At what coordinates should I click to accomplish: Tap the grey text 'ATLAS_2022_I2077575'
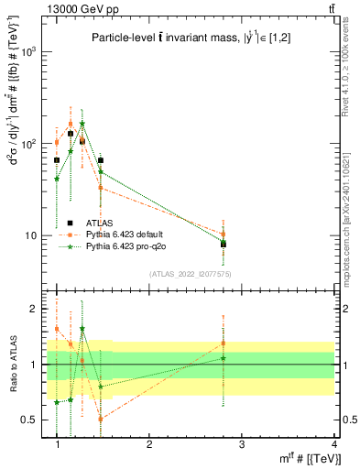[x=189, y=274]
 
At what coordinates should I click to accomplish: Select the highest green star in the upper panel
[x=82, y=124]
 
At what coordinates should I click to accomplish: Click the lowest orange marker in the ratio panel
[x=101, y=419]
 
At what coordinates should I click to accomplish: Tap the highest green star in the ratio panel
[x=82, y=329]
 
